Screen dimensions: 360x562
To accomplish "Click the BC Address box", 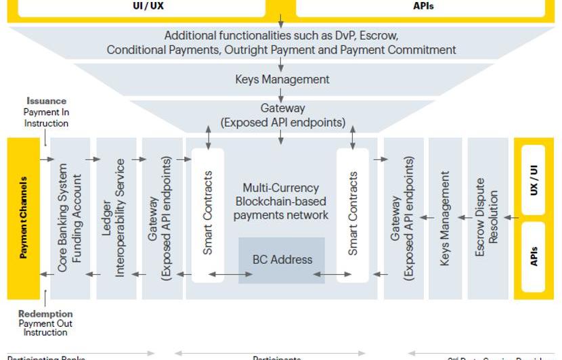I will point(282,260).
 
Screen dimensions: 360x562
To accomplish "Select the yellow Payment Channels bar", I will point(24,218).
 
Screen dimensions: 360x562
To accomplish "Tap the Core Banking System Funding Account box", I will point(70,218).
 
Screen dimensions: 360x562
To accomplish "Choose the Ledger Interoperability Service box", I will point(116,218).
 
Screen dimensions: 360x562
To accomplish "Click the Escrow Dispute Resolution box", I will point(488,218).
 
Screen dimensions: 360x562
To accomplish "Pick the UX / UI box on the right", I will point(534,179).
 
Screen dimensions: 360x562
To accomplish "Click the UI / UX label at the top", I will point(148,6).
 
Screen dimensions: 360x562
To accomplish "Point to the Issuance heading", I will point(47,102).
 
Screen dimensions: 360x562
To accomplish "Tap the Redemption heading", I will point(45,314).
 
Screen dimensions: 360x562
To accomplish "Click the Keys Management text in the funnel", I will point(282,79).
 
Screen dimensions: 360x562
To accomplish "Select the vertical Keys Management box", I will point(445,218).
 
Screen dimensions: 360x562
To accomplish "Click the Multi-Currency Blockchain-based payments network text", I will point(281,201).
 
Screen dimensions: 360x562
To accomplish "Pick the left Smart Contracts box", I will point(208,213).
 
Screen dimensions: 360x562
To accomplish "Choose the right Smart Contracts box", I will point(353,213).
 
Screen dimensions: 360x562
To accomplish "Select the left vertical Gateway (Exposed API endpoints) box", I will point(162,218).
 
